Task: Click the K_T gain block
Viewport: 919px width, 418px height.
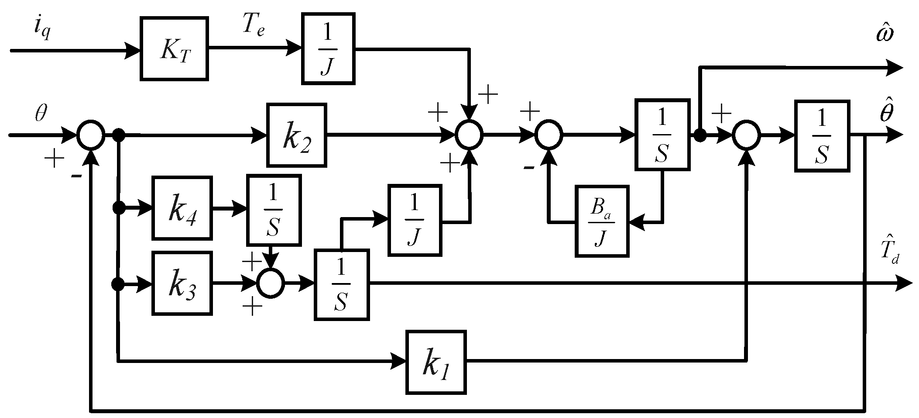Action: click(x=174, y=49)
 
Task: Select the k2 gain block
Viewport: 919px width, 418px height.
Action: click(x=296, y=135)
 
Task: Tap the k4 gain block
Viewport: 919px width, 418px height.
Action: click(x=182, y=208)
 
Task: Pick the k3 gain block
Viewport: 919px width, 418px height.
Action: click(x=182, y=283)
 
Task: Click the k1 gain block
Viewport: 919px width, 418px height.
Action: click(x=435, y=362)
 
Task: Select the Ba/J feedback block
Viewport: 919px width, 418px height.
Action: click(x=602, y=221)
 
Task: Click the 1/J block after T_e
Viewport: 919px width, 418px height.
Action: click(x=328, y=48)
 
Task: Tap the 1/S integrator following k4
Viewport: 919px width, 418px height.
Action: click(x=274, y=210)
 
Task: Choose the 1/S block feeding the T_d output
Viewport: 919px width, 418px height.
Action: click(x=341, y=284)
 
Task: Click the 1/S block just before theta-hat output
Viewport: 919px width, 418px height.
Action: click(x=822, y=135)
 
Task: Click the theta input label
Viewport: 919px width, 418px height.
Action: click(x=41, y=115)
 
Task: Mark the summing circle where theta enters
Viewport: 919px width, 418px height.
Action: click(x=91, y=135)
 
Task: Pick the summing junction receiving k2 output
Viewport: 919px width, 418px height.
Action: click(x=469, y=135)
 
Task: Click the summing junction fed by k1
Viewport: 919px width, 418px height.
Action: click(x=746, y=135)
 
